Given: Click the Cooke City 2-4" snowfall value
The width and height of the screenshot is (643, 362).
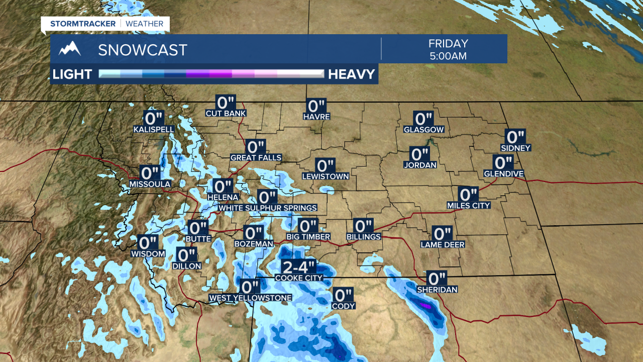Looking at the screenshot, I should point(298,266).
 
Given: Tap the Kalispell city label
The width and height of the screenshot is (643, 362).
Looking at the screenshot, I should point(154,129).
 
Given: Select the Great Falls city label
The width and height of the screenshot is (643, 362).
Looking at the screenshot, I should point(256,157).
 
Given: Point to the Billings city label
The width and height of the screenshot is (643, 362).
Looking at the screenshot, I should point(364,236).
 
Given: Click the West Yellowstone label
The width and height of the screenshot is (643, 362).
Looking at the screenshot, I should point(250,298).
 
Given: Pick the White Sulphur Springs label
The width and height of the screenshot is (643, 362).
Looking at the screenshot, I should point(268,208).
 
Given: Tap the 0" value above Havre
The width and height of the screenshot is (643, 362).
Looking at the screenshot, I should point(316,106).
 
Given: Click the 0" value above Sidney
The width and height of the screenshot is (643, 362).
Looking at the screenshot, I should point(515,137).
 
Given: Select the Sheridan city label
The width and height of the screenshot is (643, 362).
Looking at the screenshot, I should point(437,290).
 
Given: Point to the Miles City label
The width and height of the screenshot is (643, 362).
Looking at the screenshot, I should point(468,205).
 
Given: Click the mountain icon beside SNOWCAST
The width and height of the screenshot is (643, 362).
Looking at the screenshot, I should point(70,49).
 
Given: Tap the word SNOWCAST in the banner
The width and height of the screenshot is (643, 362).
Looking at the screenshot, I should point(143,50).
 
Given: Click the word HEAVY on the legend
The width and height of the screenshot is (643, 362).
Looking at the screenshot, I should point(352,74).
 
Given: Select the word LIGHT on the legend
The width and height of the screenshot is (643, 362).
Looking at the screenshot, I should point(72,74).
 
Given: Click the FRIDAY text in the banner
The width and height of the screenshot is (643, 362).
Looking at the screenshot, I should point(448,44).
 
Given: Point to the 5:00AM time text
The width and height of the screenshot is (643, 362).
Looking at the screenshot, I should point(448,56).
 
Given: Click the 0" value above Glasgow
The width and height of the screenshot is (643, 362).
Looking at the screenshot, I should point(423,119).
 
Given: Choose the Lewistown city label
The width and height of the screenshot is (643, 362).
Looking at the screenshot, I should point(325,176).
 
